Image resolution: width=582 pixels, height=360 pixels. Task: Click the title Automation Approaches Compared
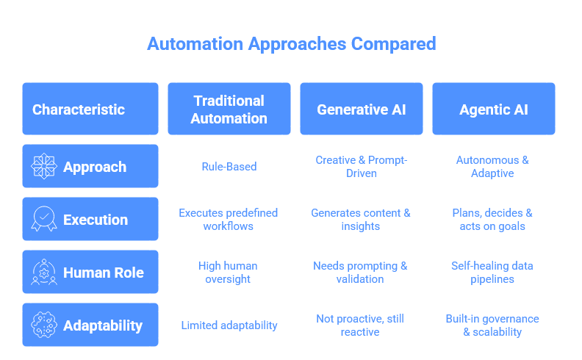[x=292, y=44]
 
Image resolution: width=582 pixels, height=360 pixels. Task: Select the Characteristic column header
[x=90, y=109]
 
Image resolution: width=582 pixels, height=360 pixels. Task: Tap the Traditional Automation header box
[x=229, y=109]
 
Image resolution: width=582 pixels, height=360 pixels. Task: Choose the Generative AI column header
[x=361, y=109]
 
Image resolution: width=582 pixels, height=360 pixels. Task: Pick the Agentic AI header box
[x=494, y=109]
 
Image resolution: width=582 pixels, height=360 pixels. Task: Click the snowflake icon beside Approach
[x=44, y=166]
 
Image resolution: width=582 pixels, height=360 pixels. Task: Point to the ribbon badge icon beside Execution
[x=44, y=219]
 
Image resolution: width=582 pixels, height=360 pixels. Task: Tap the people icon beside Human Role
[x=44, y=272]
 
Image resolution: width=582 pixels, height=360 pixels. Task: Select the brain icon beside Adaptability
[x=44, y=325]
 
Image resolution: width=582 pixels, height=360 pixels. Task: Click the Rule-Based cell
[x=229, y=167]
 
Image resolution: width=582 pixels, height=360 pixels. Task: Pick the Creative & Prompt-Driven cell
[x=361, y=167]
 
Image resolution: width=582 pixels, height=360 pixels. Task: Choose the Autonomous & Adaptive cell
[x=492, y=167]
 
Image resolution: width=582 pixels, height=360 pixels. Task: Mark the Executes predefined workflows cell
[x=229, y=220]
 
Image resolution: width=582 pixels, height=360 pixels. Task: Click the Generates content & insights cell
[x=360, y=220]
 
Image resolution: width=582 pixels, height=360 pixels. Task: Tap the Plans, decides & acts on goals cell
[x=492, y=220]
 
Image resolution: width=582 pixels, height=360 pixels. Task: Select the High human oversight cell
[x=228, y=273]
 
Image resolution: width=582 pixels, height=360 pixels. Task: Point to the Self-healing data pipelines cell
[x=492, y=273]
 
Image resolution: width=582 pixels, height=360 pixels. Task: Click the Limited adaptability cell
[x=229, y=325]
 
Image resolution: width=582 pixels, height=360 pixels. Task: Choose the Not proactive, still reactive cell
[x=360, y=325]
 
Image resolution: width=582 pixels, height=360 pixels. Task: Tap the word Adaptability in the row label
[x=103, y=326]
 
